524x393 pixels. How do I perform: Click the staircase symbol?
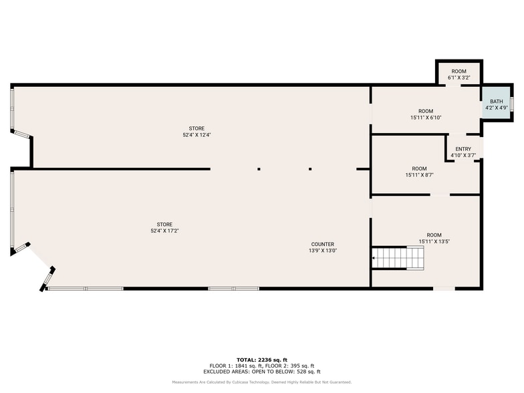coord(398,257)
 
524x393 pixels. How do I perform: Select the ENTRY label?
coord(463,149)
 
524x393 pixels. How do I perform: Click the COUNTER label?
coord(322,244)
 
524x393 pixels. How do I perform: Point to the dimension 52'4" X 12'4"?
coord(196,135)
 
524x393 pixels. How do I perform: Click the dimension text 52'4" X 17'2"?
coord(164,231)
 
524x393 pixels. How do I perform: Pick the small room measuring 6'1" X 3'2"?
coord(458,74)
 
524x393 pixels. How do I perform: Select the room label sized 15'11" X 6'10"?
coord(426,114)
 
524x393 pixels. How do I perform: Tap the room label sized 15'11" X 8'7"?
coord(419,172)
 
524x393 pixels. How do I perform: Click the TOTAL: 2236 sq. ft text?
coord(262,360)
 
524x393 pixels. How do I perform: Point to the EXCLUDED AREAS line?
coord(262,372)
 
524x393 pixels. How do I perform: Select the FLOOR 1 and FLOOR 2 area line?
coord(262,366)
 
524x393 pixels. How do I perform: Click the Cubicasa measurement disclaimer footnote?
coord(262,382)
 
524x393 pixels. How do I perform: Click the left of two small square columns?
coord(259,169)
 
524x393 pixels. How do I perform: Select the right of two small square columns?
coord(310,169)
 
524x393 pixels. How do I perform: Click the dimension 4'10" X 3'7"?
coord(463,155)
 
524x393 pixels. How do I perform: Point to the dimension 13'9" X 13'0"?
coord(322,251)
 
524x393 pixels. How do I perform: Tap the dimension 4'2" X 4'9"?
coord(496,108)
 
